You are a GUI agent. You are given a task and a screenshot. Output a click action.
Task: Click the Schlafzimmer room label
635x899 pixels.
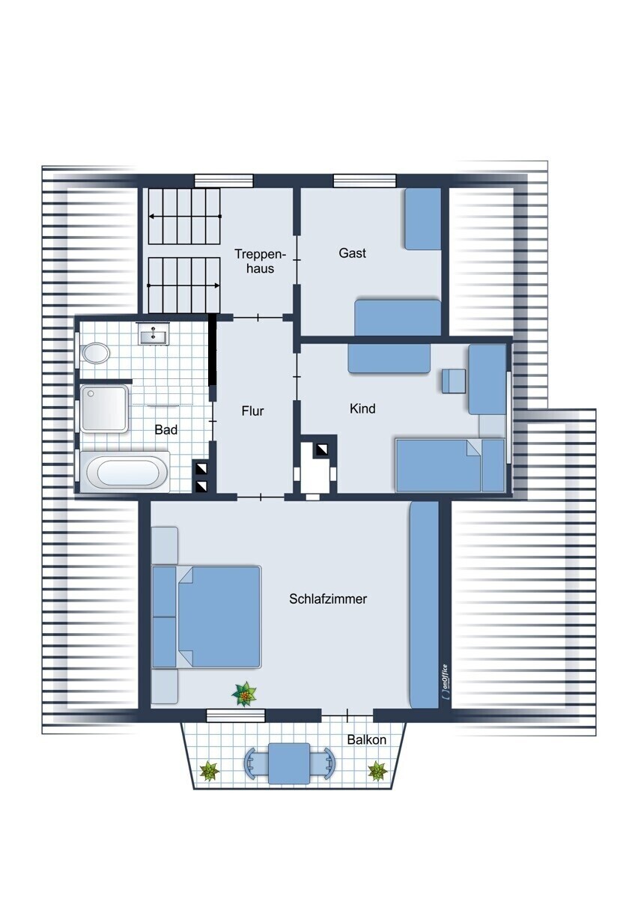[x=328, y=599]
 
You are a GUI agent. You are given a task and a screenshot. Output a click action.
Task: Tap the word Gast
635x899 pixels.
[x=352, y=253]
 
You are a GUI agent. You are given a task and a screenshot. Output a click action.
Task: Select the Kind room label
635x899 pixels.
[x=362, y=408]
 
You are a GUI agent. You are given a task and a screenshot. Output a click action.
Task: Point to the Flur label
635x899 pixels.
[x=252, y=411]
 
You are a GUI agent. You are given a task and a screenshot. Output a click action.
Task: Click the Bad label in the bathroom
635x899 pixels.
[x=166, y=430]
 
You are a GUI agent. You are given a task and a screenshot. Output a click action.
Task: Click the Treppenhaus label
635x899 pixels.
[x=260, y=261]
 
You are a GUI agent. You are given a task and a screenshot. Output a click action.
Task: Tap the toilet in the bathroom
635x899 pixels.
[x=95, y=353]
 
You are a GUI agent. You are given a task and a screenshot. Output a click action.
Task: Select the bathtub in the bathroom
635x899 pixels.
[x=124, y=471]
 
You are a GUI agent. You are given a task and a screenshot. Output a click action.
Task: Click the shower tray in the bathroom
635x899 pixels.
[x=104, y=408]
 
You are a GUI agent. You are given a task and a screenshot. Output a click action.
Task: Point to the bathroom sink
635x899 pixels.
[x=154, y=334]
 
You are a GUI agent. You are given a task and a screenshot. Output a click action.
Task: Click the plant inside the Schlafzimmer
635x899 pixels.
[x=244, y=694]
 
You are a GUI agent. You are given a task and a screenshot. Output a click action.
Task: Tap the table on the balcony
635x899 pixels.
[x=289, y=763]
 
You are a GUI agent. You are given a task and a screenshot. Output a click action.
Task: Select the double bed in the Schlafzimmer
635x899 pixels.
[x=206, y=617]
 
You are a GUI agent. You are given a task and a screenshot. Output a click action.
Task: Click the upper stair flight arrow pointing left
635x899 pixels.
[x=185, y=217]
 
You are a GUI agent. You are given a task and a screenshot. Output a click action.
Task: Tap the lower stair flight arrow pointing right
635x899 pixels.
[x=183, y=285]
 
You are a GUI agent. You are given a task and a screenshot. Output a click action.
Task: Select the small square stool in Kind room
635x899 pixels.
[x=454, y=381]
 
